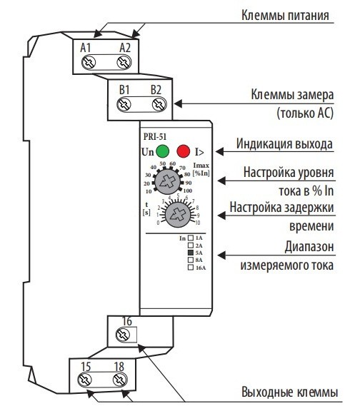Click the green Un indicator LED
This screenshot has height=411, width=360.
[x=163, y=151]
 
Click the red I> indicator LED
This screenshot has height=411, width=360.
[x=184, y=151]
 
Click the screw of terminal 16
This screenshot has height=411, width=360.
[x=125, y=333]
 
